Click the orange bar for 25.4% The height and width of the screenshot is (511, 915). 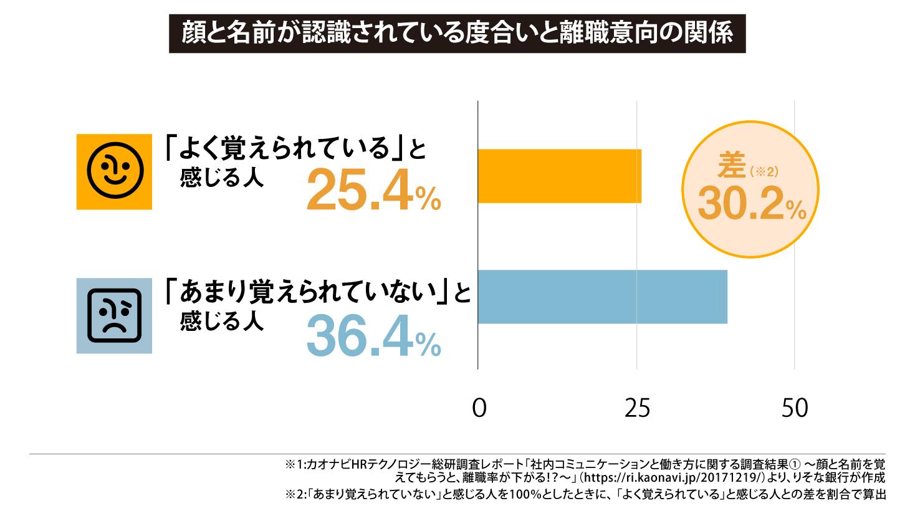(x=559, y=176)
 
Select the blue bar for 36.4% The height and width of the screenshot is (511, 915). (x=602, y=297)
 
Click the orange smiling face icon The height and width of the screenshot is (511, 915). (x=114, y=172)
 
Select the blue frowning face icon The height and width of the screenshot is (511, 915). (x=114, y=316)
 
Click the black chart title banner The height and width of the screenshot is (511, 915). (x=457, y=34)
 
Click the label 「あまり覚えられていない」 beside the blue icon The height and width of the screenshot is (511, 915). (x=308, y=292)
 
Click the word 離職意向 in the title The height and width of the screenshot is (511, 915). (x=603, y=34)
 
